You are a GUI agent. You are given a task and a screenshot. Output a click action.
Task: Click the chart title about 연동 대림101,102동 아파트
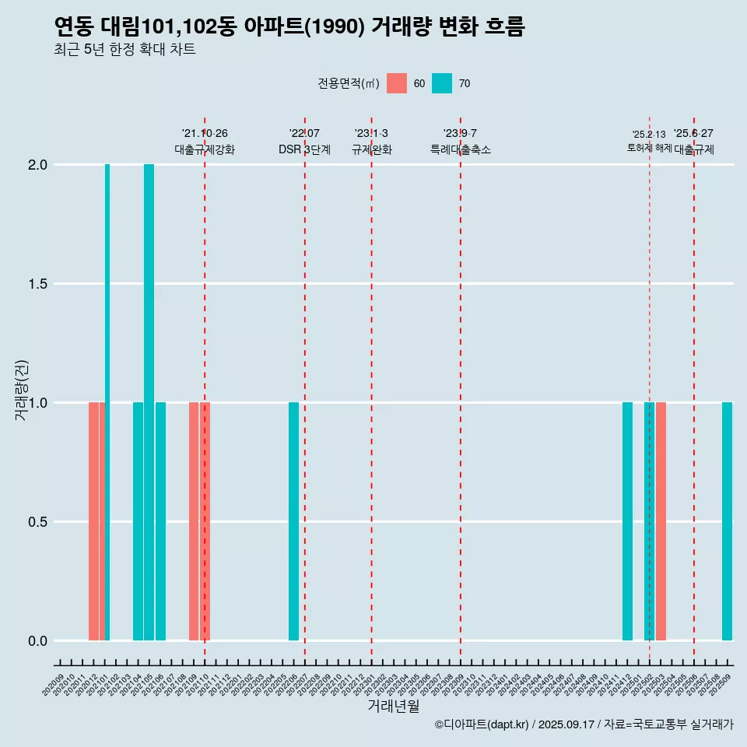[289, 26]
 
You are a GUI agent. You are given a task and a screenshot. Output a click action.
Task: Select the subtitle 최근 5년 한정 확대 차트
[124, 50]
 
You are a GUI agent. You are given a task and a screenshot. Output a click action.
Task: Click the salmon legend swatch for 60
[397, 83]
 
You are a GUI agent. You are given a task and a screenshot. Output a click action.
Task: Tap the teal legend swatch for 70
[442, 83]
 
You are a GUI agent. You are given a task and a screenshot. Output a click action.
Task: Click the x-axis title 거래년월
[393, 706]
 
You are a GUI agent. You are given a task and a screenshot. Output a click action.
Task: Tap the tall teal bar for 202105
[149, 402]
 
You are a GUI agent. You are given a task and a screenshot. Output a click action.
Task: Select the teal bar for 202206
[293, 521]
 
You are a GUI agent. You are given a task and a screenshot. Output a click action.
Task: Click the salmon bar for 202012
[93, 521]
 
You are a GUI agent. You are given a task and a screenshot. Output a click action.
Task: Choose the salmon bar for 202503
[661, 521]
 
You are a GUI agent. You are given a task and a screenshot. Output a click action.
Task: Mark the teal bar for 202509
[727, 521]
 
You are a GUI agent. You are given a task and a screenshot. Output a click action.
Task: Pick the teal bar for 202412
[627, 521]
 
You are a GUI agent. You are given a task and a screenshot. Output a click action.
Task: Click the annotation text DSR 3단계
[304, 149]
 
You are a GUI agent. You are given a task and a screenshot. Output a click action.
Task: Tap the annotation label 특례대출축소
[460, 149]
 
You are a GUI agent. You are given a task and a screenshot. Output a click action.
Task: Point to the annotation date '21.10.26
[205, 134]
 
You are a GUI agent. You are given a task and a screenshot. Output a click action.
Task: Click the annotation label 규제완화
[371, 149]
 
